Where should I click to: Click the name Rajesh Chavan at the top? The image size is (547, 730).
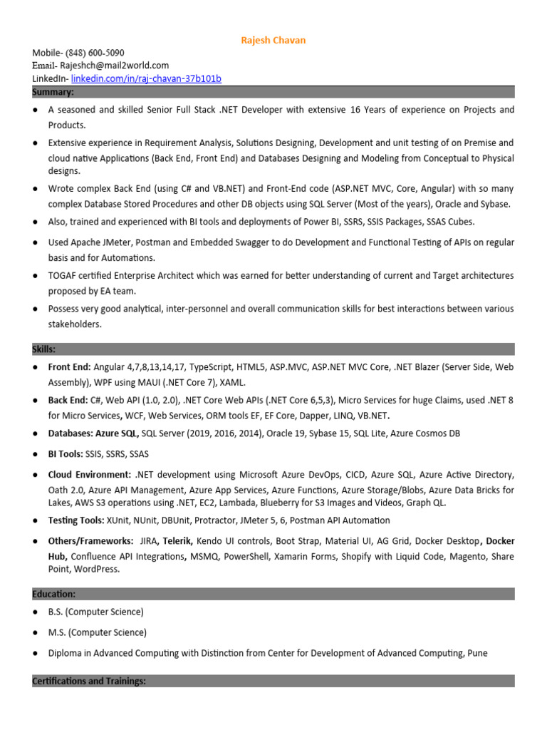click(273, 40)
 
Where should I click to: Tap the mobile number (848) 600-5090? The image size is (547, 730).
click(95, 53)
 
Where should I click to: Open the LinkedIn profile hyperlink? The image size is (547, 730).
click(146, 78)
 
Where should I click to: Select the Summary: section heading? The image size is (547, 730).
click(53, 92)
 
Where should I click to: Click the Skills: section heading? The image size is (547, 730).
click(44, 349)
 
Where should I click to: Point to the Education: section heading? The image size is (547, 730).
click(53, 594)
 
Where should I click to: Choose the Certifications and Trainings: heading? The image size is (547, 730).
click(89, 681)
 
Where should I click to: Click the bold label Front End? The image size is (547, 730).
click(69, 366)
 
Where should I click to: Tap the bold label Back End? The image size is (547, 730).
click(68, 401)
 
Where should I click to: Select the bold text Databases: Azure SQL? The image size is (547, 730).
click(93, 433)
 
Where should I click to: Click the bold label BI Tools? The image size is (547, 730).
click(66, 454)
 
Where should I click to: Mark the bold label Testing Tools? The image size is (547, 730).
click(76, 520)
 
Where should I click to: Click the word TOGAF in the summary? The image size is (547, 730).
click(63, 275)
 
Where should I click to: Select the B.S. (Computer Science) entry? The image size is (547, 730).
click(95, 612)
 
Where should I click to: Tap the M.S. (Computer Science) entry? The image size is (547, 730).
click(97, 632)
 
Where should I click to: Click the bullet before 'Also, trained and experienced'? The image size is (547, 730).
click(35, 222)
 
